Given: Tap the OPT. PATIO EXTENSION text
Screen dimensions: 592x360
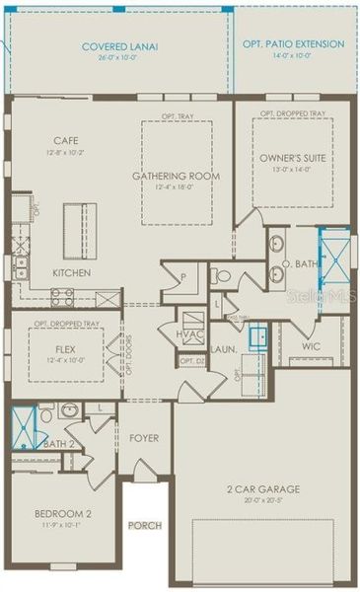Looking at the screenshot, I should (294, 44).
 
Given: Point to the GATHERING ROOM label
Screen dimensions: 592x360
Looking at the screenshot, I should (177, 176).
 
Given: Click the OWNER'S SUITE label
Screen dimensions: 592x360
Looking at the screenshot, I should (292, 158).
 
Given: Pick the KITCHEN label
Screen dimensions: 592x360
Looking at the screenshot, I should (72, 272).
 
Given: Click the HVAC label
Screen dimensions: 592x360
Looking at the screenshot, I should (189, 333).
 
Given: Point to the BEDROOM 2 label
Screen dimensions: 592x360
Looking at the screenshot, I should (62, 514).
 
